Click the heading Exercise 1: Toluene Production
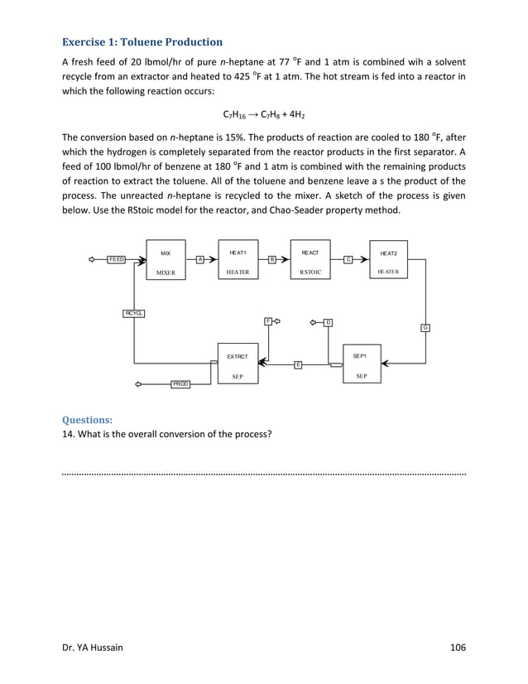tap(142, 41)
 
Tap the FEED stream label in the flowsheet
tap(117, 259)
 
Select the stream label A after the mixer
tap(200, 259)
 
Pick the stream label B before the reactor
tap(271, 259)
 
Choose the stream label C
tap(348, 259)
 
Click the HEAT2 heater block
tap(388, 261)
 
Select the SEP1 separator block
tap(361, 364)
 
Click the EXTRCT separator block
tap(238, 364)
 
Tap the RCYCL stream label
tap(134, 312)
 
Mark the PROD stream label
tap(180, 384)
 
